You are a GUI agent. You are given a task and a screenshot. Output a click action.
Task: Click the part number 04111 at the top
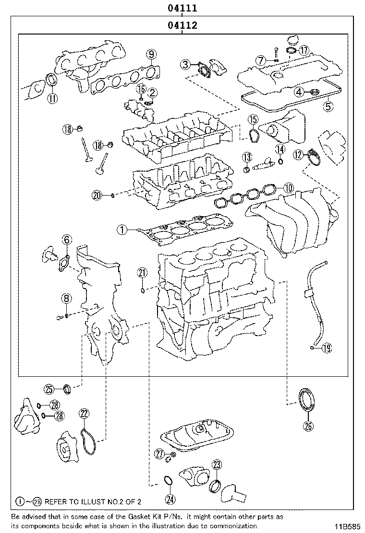point(182,8)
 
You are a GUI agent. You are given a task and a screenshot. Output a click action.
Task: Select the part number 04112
point(182,25)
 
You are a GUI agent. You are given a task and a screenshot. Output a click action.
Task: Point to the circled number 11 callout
point(52,99)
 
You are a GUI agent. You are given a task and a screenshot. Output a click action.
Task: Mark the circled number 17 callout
point(303,50)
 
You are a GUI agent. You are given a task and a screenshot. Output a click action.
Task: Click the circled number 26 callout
point(308,425)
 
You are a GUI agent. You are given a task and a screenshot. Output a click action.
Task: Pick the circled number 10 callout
point(288,188)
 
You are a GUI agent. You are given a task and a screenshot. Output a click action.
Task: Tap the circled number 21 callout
point(142,273)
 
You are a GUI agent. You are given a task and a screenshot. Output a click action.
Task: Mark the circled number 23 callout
point(217,464)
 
